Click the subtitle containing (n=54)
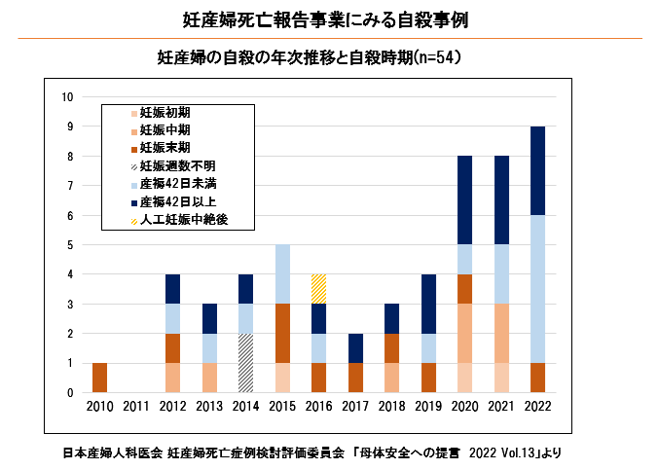[x=309, y=58]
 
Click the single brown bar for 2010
[x=99, y=378]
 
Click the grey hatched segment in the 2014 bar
[x=246, y=363]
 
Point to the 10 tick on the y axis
[x=68, y=96]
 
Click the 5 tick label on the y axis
[x=70, y=245]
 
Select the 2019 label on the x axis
[x=428, y=407]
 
